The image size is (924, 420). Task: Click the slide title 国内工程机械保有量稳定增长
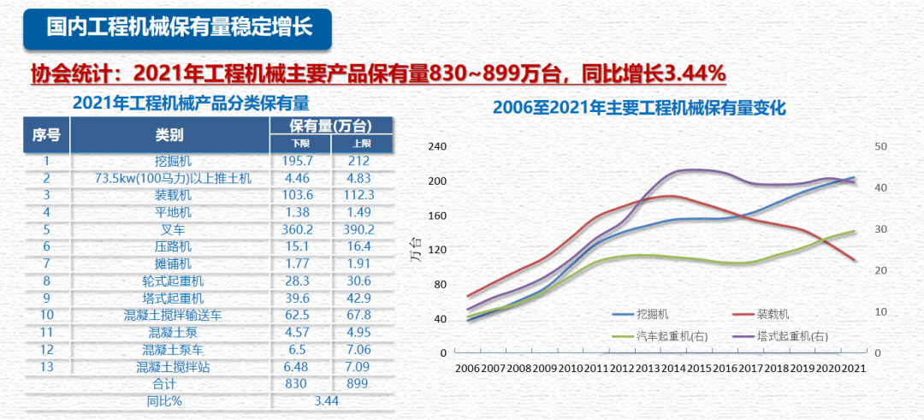pos(176,28)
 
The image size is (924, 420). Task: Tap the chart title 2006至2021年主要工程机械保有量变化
pos(638,108)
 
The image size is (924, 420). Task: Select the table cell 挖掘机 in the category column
pos(174,161)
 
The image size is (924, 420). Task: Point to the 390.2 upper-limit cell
pos(359,229)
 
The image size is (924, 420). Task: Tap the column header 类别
pos(169,135)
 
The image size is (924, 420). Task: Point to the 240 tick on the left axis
pos(437,146)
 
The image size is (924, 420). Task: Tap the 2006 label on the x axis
pos(468,368)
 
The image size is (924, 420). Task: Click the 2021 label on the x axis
pos(853,368)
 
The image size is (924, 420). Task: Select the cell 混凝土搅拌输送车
pos(174,315)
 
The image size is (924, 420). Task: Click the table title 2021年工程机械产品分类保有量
pos(191,104)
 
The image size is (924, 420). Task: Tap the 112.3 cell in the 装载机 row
pos(359,195)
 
